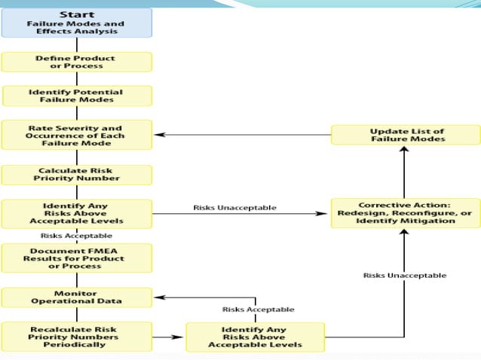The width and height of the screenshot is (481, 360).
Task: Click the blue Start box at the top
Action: pyautogui.click(x=76, y=23)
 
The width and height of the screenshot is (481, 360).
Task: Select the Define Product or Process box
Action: pyautogui.click(x=76, y=62)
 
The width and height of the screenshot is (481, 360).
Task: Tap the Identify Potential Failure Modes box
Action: pyautogui.click(x=76, y=96)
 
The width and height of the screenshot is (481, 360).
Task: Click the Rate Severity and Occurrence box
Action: pyautogui.click(x=76, y=135)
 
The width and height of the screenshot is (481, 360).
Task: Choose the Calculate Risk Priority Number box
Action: pyautogui.click(x=76, y=175)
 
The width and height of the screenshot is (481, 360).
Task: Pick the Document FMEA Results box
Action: pyautogui.click(x=76, y=258)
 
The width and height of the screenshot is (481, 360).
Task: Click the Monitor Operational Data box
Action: pyautogui.click(x=76, y=297)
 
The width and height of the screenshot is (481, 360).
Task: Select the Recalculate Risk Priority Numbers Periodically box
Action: pyautogui.click(x=76, y=336)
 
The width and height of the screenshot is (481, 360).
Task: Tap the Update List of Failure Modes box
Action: pyautogui.click(x=406, y=135)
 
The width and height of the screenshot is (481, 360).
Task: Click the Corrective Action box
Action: pyautogui.click(x=406, y=213)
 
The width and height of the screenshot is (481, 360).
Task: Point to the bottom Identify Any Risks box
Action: pyautogui.click(x=255, y=336)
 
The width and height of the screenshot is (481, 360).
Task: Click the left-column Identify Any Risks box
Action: pyautogui.click(x=76, y=213)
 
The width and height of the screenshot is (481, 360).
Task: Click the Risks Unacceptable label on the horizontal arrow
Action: pyautogui.click(x=234, y=207)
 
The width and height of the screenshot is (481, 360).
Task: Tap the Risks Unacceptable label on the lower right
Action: pyautogui.click(x=404, y=275)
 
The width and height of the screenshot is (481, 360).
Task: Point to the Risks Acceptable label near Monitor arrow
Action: pyautogui.click(x=258, y=309)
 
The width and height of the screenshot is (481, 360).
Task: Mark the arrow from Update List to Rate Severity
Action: pyautogui.click(x=241, y=136)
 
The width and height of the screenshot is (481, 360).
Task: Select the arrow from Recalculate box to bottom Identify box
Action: pyautogui.click(x=169, y=336)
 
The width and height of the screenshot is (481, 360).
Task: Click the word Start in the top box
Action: pyautogui.click(x=76, y=14)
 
